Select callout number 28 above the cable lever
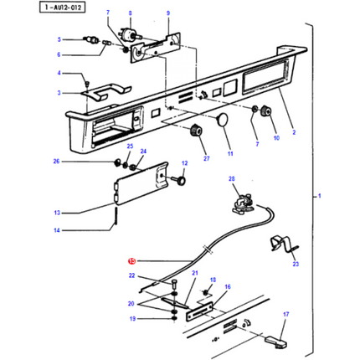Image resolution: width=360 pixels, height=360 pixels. pos(233,179)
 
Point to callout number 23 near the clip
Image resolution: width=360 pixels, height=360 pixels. pos(295,264)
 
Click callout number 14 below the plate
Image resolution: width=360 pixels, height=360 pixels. pos(57,230)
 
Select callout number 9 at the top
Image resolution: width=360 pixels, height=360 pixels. pos(167,14)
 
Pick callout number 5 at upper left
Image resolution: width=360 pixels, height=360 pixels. pos(59,39)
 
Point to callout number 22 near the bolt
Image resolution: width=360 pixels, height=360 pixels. pos(131,275)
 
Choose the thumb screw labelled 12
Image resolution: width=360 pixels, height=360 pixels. pos(179,179)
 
